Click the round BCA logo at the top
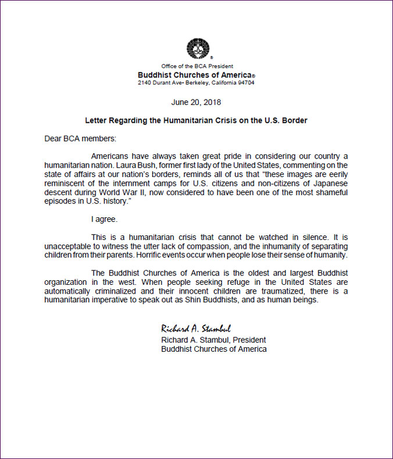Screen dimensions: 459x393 point(196,49)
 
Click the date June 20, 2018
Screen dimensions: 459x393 point(196,102)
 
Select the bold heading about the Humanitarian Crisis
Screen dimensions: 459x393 point(196,121)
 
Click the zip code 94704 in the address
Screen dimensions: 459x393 point(245,82)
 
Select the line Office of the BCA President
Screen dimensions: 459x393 point(196,67)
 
